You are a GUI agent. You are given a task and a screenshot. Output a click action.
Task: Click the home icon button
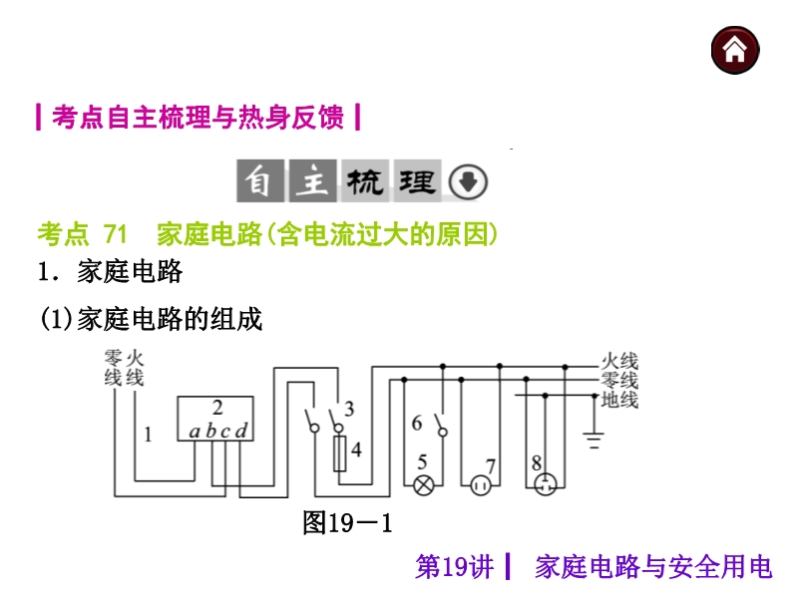point(735,50)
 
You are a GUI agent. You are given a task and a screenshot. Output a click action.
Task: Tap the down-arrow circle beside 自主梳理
point(469,182)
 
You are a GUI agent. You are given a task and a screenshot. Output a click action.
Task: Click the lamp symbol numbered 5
point(424,485)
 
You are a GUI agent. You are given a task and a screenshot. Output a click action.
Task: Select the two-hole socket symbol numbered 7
point(483,485)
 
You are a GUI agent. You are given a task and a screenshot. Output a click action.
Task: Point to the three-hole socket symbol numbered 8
point(545,485)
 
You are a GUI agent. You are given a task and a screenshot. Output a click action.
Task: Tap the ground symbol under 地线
point(595,436)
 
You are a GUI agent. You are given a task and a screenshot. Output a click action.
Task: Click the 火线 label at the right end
point(619,361)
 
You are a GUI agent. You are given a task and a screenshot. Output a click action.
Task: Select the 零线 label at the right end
point(619,381)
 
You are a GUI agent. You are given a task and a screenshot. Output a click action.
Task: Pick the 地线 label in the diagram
point(619,401)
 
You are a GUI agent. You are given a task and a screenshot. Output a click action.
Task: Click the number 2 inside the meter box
point(216,408)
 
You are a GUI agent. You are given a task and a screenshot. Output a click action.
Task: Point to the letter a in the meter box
point(195,432)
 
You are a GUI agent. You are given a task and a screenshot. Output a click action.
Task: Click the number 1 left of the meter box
point(148,434)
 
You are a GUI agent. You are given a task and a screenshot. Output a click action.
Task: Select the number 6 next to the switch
point(417,424)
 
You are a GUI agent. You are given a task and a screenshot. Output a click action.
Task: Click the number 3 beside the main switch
point(348,409)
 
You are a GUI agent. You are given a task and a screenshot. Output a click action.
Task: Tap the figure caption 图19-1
point(348,522)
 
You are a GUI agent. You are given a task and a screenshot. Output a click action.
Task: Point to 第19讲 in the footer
point(454,567)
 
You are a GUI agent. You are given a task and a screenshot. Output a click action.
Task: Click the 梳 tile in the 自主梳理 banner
point(365,182)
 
